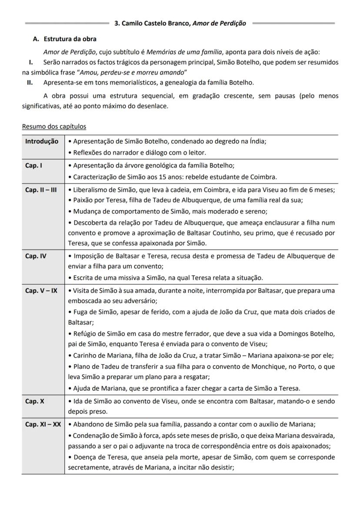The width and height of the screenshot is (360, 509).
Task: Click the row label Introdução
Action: coord(41,141)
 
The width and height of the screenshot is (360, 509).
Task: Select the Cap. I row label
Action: coord(33,165)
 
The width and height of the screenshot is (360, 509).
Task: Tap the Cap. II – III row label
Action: coord(41,190)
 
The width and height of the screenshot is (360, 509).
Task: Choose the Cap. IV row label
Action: coord(36,256)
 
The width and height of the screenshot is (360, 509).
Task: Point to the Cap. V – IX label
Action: coord(41,290)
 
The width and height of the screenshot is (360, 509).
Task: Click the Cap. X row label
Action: coord(34,401)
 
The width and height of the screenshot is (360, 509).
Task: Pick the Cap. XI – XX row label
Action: coord(43,424)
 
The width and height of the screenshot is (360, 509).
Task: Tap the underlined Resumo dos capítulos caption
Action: coord(54,127)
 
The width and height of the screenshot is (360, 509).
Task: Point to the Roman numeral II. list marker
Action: coord(30,82)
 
